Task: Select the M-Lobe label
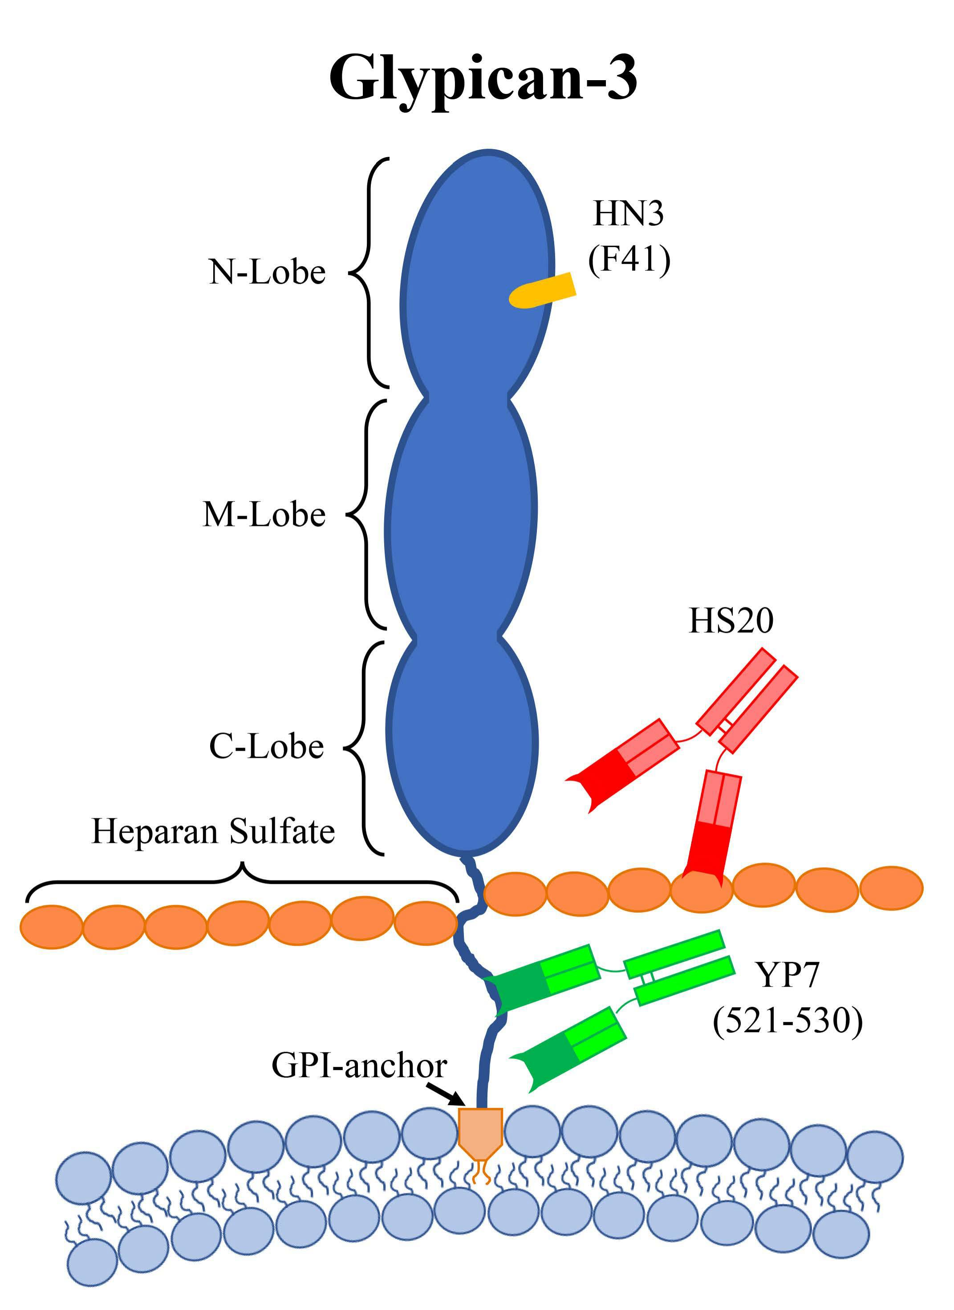(264, 514)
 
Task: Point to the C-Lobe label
(266, 746)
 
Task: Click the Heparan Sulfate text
(213, 832)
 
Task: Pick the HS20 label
(731, 621)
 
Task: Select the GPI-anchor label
(359, 1065)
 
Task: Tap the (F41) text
(629, 259)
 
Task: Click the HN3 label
(629, 214)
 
